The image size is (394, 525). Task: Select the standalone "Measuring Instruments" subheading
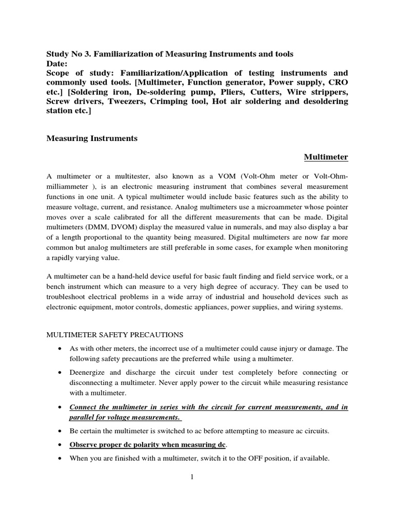tap(92, 138)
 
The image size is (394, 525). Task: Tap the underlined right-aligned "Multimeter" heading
tap(326, 156)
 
